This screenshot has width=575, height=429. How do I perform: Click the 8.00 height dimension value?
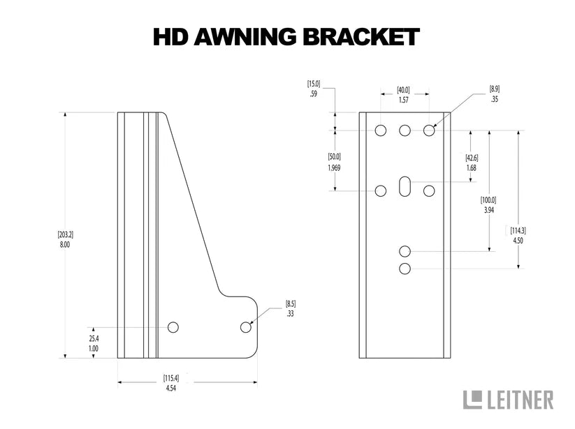tap(65, 245)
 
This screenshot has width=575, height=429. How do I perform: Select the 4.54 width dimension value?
tap(170, 387)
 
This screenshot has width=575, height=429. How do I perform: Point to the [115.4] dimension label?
tap(170, 378)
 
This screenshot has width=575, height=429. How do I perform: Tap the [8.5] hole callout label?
tap(291, 305)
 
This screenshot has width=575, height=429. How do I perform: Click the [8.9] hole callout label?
tap(495, 89)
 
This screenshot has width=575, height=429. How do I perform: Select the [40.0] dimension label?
tap(403, 90)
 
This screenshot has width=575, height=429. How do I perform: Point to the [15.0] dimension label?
tap(314, 84)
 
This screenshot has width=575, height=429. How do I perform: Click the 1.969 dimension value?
tap(334, 167)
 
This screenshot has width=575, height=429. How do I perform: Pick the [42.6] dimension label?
tap(472, 158)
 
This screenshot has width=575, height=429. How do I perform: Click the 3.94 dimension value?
tap(488, 209)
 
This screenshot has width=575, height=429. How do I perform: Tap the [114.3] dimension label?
tap(518, 231)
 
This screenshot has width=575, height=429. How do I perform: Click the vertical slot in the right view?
tap(405, 188)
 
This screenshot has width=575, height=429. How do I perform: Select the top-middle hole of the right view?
tap(405, 130)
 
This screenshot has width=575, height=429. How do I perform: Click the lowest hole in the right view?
tap(405, 269)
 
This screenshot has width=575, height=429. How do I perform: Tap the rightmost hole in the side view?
tap(245, 327)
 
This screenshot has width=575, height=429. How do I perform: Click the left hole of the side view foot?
tap(173, 327)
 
